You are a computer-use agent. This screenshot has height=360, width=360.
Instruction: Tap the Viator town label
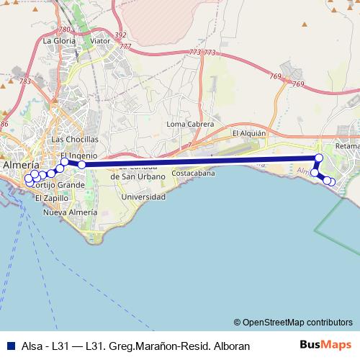pos(101,41)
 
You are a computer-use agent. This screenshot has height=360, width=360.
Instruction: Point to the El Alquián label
pos(249,133)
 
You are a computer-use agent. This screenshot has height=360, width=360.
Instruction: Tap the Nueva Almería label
pos(70,213)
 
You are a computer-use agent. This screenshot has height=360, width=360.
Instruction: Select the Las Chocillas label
pos(75,139)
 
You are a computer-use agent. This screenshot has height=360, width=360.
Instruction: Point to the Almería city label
pos(21,165)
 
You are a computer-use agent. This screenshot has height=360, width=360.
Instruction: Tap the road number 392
pos(120,35)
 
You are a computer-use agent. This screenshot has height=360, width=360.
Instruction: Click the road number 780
pos(66,30)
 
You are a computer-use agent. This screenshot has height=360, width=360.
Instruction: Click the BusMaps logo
pos(326,345)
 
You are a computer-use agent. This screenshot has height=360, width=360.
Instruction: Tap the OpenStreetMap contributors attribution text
pos(293,322)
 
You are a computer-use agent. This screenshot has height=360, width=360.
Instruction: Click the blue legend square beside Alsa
pos(10,346)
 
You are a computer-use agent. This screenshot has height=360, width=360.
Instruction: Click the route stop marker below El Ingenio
pos(82,165)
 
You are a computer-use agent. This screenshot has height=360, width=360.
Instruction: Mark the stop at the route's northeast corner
pos(319,157)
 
